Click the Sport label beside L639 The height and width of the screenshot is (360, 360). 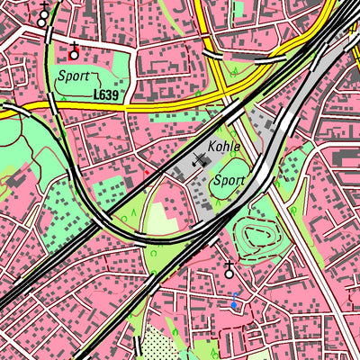point(72,77)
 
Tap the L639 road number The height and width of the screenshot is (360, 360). point(106,93)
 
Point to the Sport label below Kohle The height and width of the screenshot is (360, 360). point(228,180)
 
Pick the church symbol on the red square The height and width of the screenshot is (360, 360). point(74,53)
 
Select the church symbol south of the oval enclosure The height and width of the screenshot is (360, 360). point(229,268)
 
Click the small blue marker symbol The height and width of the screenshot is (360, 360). point(235,304)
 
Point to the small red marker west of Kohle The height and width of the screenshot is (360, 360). point(145,169)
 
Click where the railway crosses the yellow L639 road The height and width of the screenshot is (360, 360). point(53,105)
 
